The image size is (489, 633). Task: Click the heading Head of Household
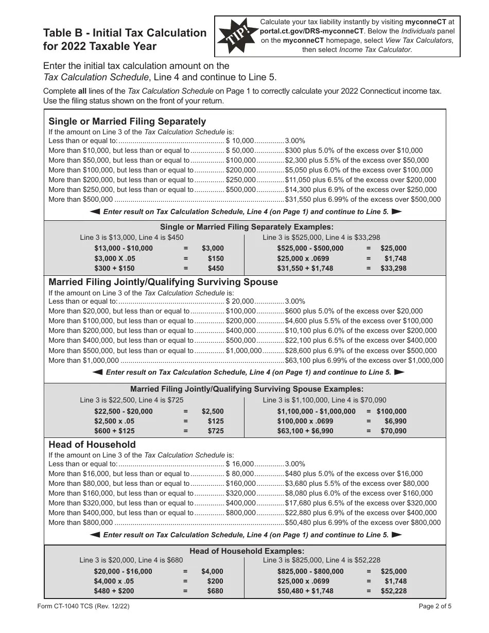[92, 444]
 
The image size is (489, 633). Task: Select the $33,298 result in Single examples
[393, 268]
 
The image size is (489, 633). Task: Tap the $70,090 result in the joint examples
[393, 431]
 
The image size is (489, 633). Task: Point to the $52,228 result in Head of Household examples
[393, 591]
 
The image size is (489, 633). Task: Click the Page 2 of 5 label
[435, 606]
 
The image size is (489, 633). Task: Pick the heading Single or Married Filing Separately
[127, 121]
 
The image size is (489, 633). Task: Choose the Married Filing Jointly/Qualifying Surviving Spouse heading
[163, 282]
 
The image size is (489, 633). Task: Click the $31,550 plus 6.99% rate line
[363, 200]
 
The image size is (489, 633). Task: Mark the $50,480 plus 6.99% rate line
[363, 522]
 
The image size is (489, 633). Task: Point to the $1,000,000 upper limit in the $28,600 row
[244, 350]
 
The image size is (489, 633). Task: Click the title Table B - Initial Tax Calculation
[125, 33]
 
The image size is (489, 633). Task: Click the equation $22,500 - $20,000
[124, 411]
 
